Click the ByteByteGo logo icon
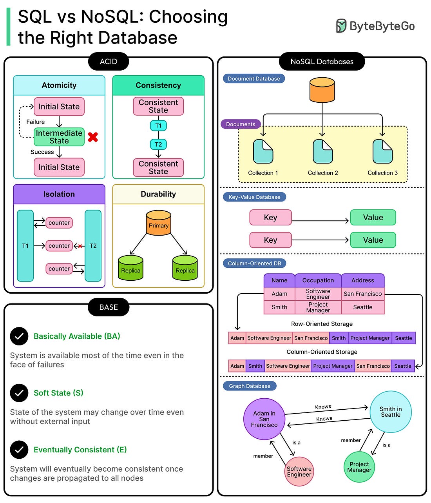(341, 26)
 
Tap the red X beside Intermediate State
(93, 137)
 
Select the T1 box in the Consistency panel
(158, 126)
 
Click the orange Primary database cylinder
(159, 223)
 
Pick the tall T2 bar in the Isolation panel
(93, 246)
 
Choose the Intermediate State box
(59, 137)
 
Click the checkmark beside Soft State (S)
(19, 393)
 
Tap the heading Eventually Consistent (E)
(80, 450)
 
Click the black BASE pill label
(109, 307)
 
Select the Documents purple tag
(241, 124)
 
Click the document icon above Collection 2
(322, 152)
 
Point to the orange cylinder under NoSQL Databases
(322, 90)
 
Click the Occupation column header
(318, 280)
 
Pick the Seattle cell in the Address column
(363, 307)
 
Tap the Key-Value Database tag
(254, 197)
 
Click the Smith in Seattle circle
(391, 412)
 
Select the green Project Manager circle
(359, 467)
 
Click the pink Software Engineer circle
(299, 471)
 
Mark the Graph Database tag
(250, 386)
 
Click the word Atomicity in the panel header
(59, 85)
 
